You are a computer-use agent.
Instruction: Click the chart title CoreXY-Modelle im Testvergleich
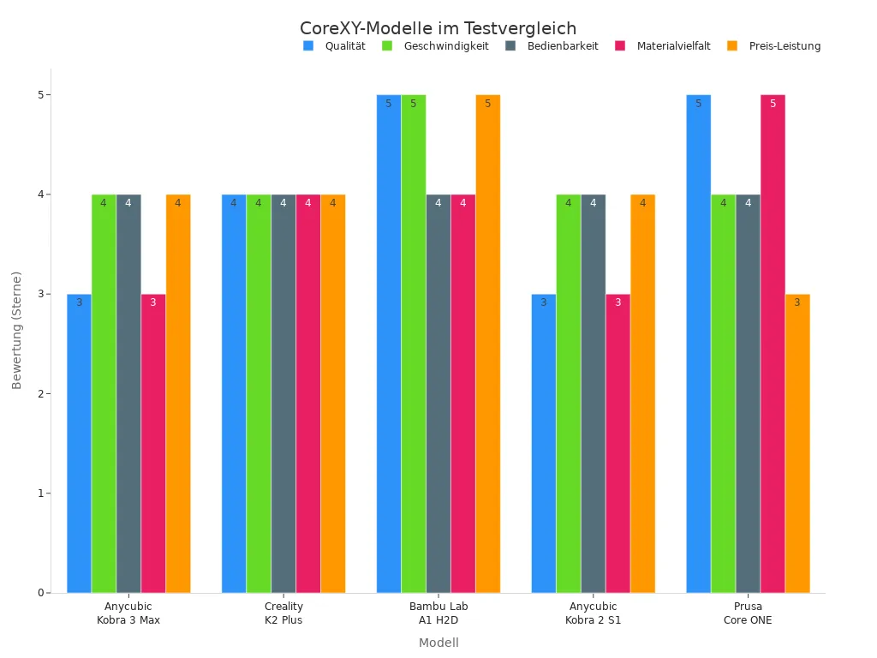click(x=438, y=28)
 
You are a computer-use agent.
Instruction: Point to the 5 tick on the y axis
click(x=40, y=95)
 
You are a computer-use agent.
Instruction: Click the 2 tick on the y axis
click(x=40, y=394)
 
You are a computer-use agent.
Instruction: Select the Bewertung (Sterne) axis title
click(x=17, y=330)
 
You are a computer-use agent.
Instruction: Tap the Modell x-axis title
click(x=438, y=643)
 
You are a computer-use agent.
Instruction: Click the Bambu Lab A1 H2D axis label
click(x=438, y=613)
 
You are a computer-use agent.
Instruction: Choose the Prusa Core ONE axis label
click(x=748, y=613)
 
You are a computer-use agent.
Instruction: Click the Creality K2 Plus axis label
click(x=283, y=613)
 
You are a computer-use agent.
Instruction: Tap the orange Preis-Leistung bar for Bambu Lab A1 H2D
click(x=488, y=343)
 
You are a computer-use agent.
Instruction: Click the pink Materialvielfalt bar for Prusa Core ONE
click(x=773, y=343)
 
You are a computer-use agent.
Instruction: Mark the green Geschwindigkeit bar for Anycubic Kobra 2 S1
click(x=568, y=393)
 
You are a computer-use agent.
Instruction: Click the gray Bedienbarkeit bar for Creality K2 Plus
click(x=283, y=393)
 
